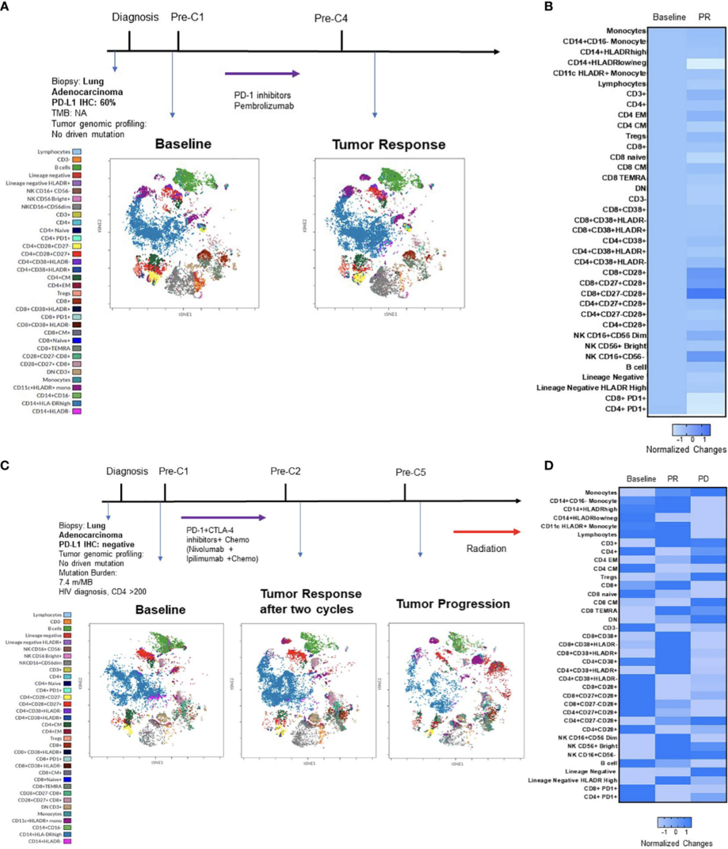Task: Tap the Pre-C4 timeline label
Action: point(331,18)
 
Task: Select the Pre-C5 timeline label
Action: point(411,472)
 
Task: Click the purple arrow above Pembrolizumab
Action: point(262,74)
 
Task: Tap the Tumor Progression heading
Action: point(452,603)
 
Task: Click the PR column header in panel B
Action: point(704,17)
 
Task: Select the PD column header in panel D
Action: point(704,478)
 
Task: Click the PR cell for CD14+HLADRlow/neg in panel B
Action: point(705,63)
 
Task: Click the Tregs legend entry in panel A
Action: point(63,294)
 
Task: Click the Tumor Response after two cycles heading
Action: point(311,601)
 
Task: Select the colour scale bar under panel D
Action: point(675,823)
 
